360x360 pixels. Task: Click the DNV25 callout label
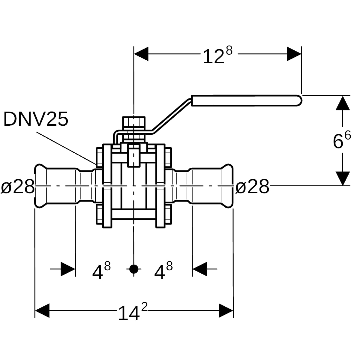click(36, 119)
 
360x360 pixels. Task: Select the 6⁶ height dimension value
click(342, 140)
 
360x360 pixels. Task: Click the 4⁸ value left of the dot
click(101, 270)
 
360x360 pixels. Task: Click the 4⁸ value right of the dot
click(163, 270)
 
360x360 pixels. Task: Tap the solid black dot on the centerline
click(133, 269)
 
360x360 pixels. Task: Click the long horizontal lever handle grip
click(247, 101)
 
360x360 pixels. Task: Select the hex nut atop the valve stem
click(134, 123)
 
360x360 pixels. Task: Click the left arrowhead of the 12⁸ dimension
click(141, 54)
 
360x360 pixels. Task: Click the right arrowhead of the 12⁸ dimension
click(294, 54)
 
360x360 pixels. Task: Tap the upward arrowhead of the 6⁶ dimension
click(343, 103)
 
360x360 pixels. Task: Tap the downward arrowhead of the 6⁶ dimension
click(343, 178)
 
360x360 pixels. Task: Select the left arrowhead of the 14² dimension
click(42, 311)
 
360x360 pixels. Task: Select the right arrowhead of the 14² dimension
click(226, 311)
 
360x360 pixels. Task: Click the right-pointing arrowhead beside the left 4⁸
click(68, 269)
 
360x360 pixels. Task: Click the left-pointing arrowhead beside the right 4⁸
click(200, 269)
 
